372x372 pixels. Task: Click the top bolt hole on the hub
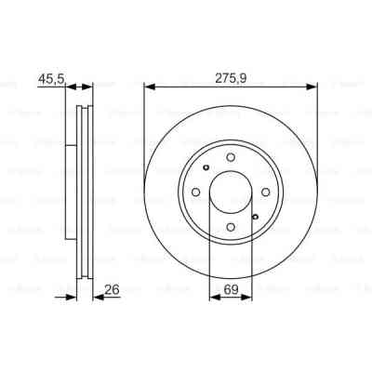tap(231, 158)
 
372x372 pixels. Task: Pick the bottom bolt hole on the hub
tap(231, 226)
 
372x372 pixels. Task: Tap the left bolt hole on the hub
tap(196, 192)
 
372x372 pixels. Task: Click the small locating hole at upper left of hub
tap(206, 168)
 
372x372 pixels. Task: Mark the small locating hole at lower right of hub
tap(255, 216)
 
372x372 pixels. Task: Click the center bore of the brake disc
tap(231, 192)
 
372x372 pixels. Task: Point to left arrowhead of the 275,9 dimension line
tap(148, 87)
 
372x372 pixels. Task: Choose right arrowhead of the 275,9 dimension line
tap(314, 87)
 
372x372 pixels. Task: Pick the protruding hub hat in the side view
tap(70, 192)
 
